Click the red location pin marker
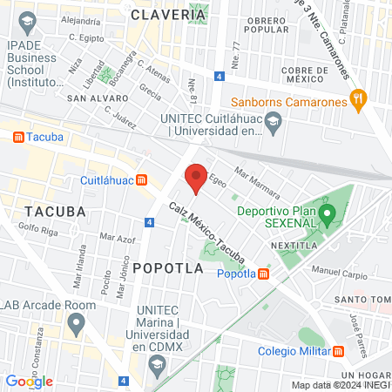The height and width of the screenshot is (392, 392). pos(196,177)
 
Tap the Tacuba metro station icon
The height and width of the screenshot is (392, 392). pos(18,138)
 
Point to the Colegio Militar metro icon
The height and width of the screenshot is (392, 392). pos(339,351)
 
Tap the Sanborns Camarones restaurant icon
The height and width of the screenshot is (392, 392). pos(355,99)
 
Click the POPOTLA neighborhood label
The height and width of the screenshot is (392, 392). pos(168,269)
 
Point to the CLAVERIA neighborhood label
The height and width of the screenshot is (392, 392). pos(169,15)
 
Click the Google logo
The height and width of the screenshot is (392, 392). pos(29,381)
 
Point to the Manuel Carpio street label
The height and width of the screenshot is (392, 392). pos(335,272)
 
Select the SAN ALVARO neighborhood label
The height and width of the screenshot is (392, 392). pos(98,98)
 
